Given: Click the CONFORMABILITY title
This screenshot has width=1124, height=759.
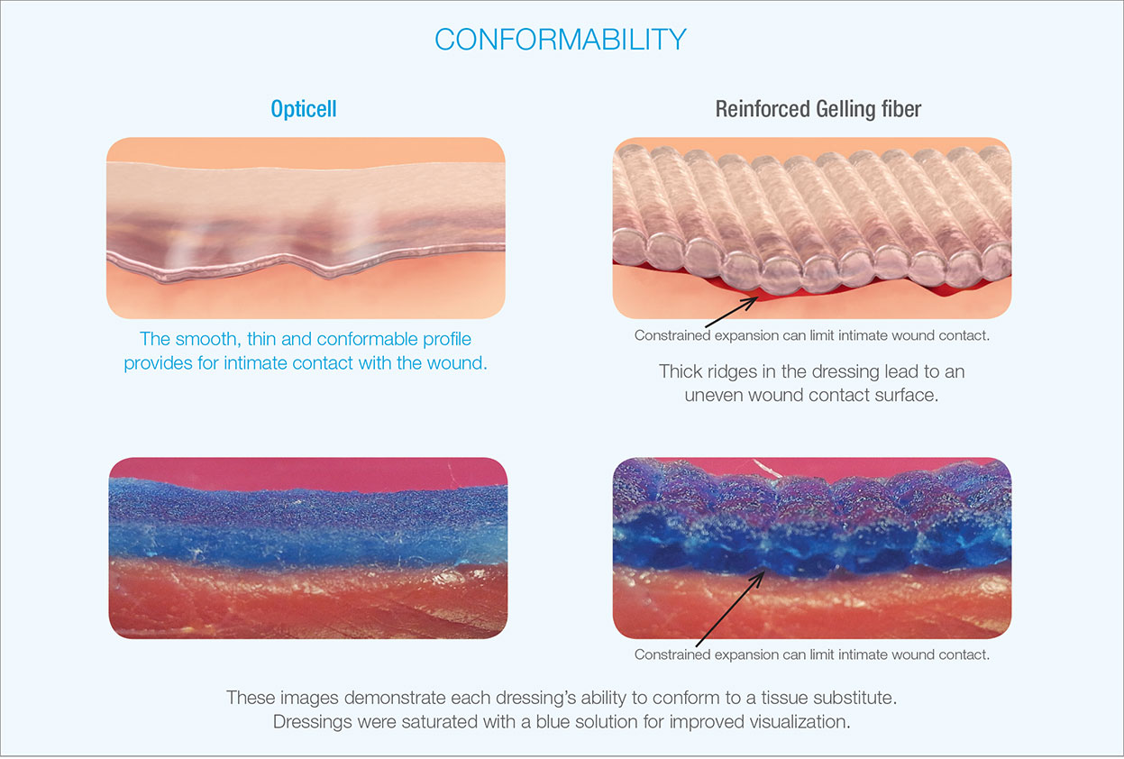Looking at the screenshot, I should pos(561,40).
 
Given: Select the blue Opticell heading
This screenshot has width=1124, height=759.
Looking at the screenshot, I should pos(304,109).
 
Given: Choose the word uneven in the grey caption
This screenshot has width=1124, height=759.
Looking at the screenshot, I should pos(712,395).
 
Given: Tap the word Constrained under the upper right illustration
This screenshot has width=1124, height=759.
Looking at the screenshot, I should pos(674,335).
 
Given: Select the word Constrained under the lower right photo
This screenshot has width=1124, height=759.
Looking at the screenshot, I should pos(674,654).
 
